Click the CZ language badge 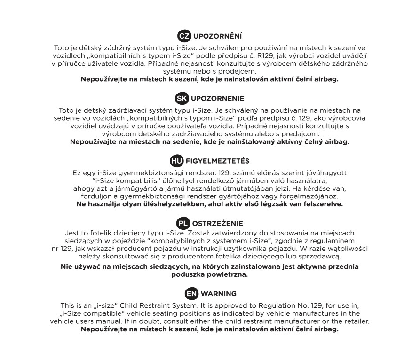(182, 36)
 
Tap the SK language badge (181, 98)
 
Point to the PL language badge (182, 222)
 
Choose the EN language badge (191, 294)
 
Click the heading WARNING (219, 294)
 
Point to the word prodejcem (238, 71)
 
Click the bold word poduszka (185, 274)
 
